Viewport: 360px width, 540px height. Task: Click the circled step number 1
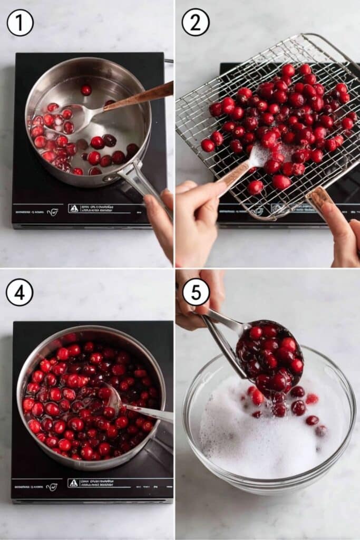coord(20,23)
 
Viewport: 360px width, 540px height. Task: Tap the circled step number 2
coord(196,22)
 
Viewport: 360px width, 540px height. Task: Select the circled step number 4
coord(20,292)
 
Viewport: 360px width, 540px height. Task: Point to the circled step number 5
coord(196,292)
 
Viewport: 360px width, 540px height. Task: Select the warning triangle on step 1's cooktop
coord(74,208)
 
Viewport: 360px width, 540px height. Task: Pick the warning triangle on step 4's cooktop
coord(74,483)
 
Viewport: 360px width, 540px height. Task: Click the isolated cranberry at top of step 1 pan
coord(85,90)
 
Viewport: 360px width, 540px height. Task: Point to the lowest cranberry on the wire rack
coord(256,187)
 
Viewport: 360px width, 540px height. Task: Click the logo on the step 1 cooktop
coord(52,212)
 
